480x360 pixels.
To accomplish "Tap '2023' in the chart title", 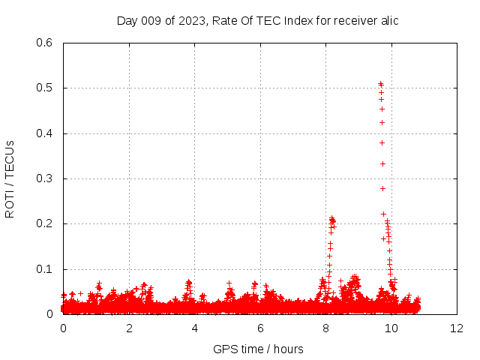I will point(191,20).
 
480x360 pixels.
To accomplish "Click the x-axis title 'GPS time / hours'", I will point(259,349).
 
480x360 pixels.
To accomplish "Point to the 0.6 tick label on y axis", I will point(43,43).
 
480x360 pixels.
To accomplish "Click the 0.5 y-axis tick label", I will point(43,88).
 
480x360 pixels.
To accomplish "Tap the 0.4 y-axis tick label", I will point(43,133).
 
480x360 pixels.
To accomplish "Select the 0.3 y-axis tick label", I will point(43,178).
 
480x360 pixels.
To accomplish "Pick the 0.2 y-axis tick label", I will point(43,224).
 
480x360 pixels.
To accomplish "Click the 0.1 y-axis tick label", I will point(43,269).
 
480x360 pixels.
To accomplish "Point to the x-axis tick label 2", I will point(129,328).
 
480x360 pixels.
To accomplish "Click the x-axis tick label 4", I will point(195,328).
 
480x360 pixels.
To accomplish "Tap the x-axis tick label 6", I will point(260,328).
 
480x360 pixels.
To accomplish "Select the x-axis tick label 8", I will point(325,328).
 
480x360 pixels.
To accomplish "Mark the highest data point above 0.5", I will point(380,83).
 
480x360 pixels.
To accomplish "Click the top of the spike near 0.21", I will point(331,218).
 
